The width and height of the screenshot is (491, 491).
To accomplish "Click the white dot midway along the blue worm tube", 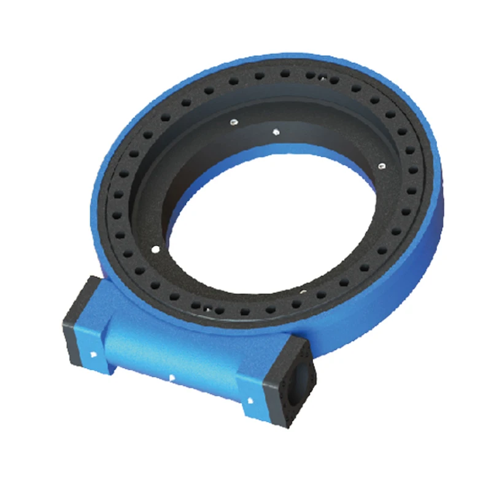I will click(172, 377).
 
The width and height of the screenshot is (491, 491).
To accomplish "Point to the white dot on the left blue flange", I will click(91, 354).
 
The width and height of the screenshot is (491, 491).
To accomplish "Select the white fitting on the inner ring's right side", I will click(381, 165).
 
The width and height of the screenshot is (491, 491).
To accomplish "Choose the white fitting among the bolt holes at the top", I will click(323, 77).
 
